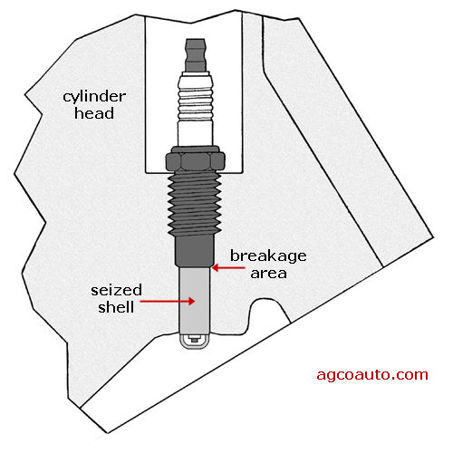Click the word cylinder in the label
(x=94, y=98)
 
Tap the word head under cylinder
(x=94, y=113)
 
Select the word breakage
(x=268, y=256)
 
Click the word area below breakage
(x=268, y=274)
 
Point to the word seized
(x=116, y=290)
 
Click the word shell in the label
(x=116, y=307)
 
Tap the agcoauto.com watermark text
(x=372, y=375)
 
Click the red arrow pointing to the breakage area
(x=228, y=268)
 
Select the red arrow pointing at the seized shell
(x=168, y=301)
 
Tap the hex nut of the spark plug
(x=196, y=159)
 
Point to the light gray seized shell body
(x=195, y=301)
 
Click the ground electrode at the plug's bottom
(x=194, y=347)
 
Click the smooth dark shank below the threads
(x=195, y=252)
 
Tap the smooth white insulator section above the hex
(x=196, y=134)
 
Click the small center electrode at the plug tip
(x=194, y=340)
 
